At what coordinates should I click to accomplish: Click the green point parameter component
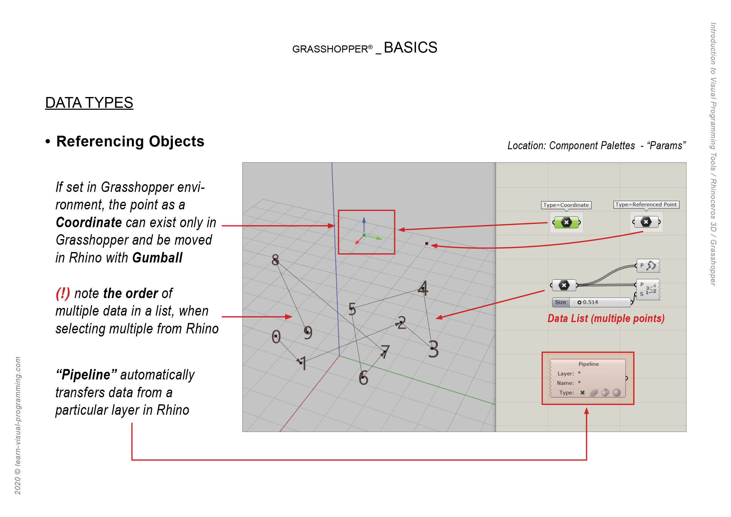tap(566, 223)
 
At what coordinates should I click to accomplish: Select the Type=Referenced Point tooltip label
tap(646, 205)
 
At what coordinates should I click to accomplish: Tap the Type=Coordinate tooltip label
tap(566, 205)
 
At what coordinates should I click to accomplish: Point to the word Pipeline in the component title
tap(588, 364)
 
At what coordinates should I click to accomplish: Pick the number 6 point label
tap(363, 378)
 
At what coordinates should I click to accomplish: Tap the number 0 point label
tap(276, 336)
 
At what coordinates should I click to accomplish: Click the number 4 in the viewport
tap(423, 288)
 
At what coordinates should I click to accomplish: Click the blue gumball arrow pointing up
tap(364, 221)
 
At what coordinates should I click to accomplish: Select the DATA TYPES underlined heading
tap(89, 103)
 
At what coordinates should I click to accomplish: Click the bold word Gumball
tap(157, 258)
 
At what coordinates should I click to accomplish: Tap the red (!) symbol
tap(63, 293)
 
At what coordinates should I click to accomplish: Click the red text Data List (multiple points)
tap(606, 318)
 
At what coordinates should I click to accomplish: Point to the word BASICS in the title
tap(410, 48)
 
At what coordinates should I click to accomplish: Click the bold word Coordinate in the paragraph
tap(89, 222)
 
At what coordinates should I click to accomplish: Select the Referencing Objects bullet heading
tap(130, 141)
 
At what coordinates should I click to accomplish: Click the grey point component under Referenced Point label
tap(646, 222)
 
